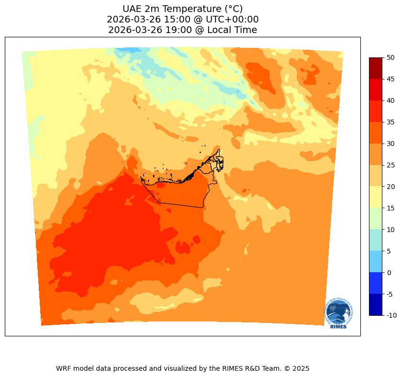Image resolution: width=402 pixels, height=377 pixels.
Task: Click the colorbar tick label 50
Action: tap(391, 57)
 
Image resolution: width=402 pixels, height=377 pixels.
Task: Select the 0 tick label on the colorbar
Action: tap(389, 272)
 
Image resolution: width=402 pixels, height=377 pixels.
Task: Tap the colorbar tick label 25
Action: tap(391, 165)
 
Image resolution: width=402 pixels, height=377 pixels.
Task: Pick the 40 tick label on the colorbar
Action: tap(391, 100)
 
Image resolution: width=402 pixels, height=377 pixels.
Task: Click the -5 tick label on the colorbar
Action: tap(390, 294)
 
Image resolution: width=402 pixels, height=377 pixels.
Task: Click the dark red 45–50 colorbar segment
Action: tap(375, 68)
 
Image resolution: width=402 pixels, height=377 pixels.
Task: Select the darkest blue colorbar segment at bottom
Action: tap(375, 305)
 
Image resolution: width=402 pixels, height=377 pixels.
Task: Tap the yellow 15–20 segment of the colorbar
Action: tap(375, 197)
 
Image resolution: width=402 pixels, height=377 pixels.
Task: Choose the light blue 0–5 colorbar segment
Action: tap(375, 262)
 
